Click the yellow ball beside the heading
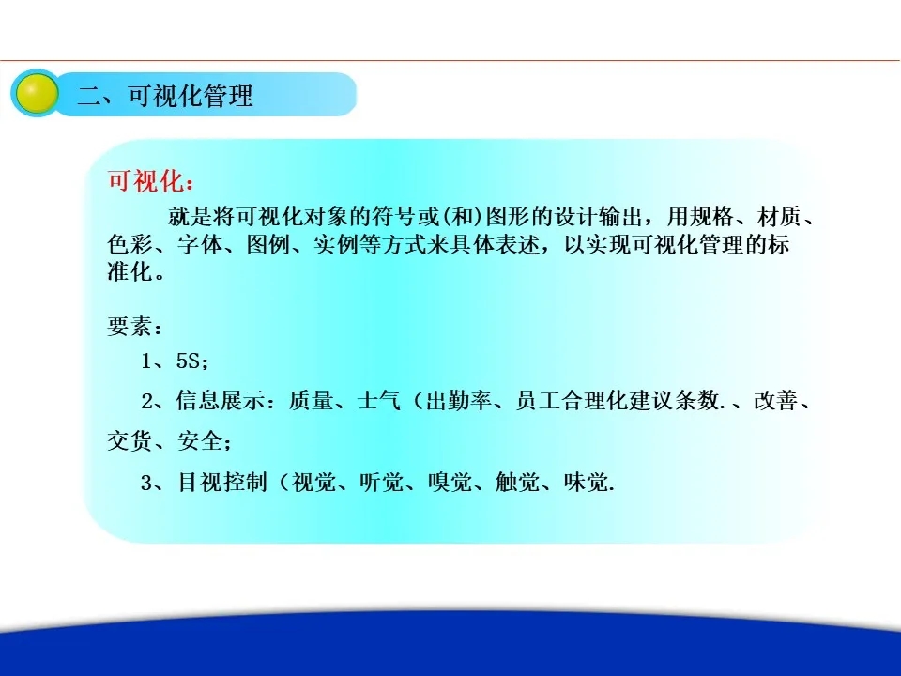pyautogui.click(x=37, y=93)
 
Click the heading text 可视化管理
pyautogui.click(x=191, y=96)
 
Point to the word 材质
pyautogui.click(x=779, y=217)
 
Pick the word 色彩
pyautogui.click(x=130, y=244)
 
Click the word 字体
pyautogui.click(x=199, y=244)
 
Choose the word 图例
pyautogui.click(x=268, y=244)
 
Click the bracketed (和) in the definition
pyautogui.click(x=463, y=217)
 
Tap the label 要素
pyautogui.click(x=130, y=327)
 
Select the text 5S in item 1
pyautogui.click(x=188, y=361)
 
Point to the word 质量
pyautogui.click(x=311, y=401)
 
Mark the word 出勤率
pyautogui.click(x=459, y=401)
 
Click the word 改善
pyautogui.click(x=776, y=401)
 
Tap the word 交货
pyautogui.click(x=130, y=441)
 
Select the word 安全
pyautogui.click(x=199, y=441)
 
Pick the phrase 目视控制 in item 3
pyautogui.click(x=222, y=482)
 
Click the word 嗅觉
pyautogui.click(x=450, y=482)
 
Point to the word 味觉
pyautogui.click(x=586, y=482)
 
